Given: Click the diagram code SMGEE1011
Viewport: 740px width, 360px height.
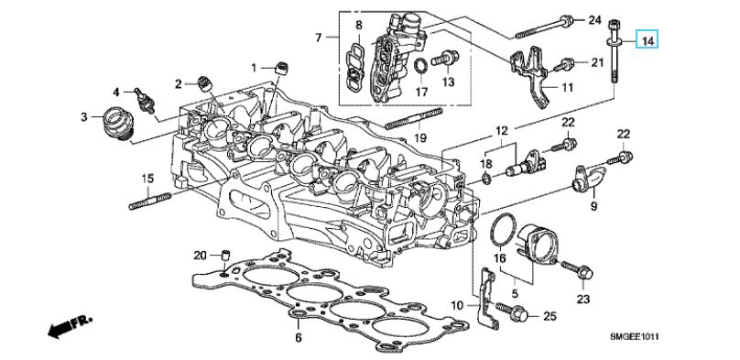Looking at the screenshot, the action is [x=634, y=336].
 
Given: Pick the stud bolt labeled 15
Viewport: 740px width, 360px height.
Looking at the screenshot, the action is [x=149, y=200].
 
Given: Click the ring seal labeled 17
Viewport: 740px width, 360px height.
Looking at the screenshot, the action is [x=421, y=67].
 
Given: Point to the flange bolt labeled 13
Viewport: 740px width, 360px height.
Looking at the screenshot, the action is [x=446, y=59].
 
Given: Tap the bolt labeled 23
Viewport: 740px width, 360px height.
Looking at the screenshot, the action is [x=578, y=270].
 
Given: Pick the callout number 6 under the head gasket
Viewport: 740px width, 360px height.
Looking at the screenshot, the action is [x=299, y=338].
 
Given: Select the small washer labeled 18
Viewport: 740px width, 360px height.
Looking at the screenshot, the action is [x=487, y=178].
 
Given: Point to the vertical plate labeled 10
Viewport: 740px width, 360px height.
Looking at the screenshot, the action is [x=486, y=297].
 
